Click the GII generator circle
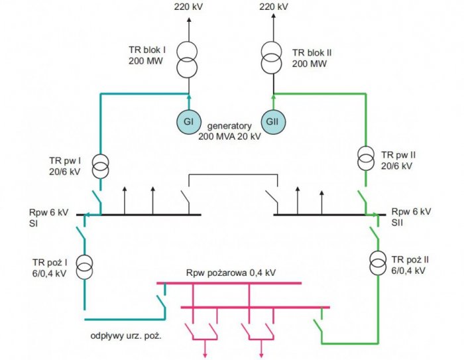pos(273,122)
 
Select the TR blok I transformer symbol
pos(187,60)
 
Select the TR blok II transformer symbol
pos(271,58)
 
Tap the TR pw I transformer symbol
pos(100,166)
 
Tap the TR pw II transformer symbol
pos(366,158)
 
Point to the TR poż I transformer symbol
pos(85,267)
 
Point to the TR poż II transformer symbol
pos(378,263)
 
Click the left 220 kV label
pos(188,7)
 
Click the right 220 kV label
pos(274,7)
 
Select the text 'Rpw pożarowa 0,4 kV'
pos(231,272)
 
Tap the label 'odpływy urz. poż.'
pos(126,336)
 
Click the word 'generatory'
pos(229,126)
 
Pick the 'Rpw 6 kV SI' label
pos(48,217)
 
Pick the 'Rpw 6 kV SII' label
pos(412,217)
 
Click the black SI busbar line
pos(139,215)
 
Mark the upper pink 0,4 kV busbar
pos(229,283)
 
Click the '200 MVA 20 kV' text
pos(229,137)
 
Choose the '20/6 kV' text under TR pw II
pos(396,166)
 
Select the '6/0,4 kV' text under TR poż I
pos(50,273)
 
